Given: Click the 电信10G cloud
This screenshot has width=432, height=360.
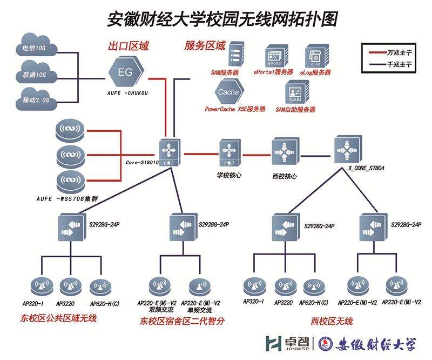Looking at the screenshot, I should pos(35,48).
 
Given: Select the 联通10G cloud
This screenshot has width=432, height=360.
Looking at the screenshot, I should pos(35,74).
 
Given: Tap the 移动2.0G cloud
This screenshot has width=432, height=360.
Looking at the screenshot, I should pos(36,99).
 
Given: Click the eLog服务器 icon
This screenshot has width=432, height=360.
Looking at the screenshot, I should pos(315,56).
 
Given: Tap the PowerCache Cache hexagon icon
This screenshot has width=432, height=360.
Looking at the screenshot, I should pos(228,91).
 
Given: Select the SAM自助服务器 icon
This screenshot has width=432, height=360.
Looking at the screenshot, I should pos(295,93).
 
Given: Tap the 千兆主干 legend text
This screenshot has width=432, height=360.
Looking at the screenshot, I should pos(400,64).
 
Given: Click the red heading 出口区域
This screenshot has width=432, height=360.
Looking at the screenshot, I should pos(129,46).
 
